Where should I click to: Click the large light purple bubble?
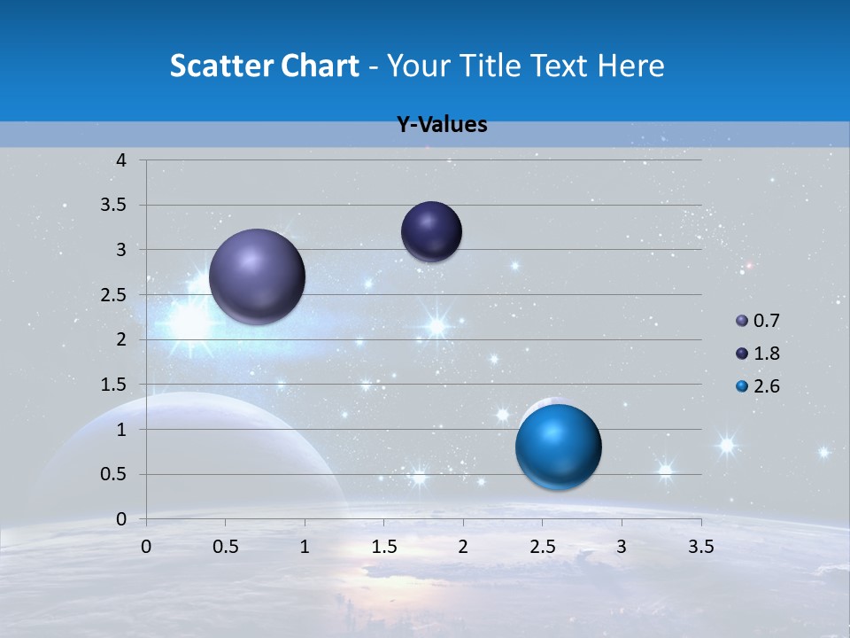257,276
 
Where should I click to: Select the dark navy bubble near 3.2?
431,231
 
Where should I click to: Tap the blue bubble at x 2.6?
558,447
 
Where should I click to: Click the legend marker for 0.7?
742,321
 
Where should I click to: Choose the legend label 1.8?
767,354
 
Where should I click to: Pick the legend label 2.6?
767,386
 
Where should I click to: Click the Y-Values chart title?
442,125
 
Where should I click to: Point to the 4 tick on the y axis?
121,160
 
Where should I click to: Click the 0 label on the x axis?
146,547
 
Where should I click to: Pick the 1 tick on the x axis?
305,547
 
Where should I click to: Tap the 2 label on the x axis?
463,547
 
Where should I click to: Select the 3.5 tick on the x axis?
701,547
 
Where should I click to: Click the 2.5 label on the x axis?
543,547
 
